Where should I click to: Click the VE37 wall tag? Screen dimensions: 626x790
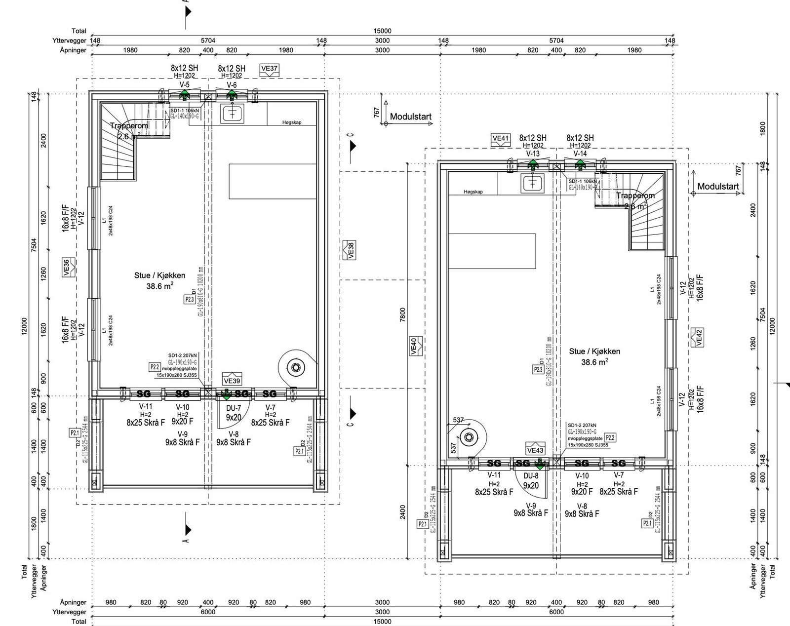coord(269,69)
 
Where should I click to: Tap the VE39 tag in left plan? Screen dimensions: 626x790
coord(232,381)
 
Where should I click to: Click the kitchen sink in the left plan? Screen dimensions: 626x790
coord(233,113)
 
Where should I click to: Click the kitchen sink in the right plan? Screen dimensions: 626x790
coord(533,183)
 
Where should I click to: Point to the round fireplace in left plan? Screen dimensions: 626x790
coord(295,367)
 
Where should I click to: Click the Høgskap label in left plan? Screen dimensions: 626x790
coord(291,122)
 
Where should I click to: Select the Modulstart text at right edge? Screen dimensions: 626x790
coord(718,187)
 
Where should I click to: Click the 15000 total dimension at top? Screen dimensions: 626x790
coord(382,31)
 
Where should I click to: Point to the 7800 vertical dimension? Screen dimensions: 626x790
coord(402,314)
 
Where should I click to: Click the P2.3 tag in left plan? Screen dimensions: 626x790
coord(190,299)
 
